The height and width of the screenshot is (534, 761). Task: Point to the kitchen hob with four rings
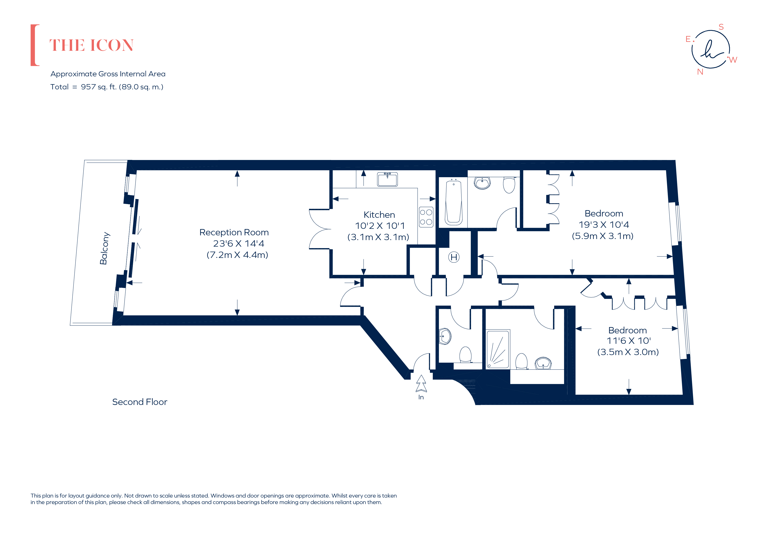coord(426,217)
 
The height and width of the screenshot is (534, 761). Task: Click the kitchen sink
coord(387,180)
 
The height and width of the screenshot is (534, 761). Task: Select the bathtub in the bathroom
coord(453,202)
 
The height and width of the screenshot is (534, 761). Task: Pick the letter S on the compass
coord(721,27)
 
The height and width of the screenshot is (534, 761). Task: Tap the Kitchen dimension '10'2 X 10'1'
coord(380,226)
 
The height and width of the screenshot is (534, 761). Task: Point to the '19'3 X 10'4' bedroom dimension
coord(604,225)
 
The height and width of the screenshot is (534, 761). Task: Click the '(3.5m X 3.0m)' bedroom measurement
coord(628,352)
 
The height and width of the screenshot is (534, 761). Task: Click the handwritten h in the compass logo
coord(710,50)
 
